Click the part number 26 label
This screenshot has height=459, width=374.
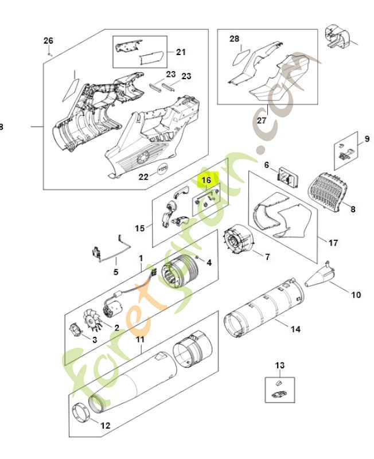click(48, 40)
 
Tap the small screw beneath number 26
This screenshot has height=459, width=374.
click(50, 53)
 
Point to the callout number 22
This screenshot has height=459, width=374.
click(144, 177)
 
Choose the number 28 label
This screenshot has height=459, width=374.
click(234, 39)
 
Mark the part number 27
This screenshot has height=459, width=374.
click(262, 121)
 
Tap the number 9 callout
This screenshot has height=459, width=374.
click(367, 139)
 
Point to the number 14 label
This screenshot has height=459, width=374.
click(295, 329)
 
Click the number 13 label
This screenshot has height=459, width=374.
click(279, 365)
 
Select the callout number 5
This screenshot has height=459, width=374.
click(116, 273)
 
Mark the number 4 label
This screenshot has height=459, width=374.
click(209, 263)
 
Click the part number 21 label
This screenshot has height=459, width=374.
click(181, 52)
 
